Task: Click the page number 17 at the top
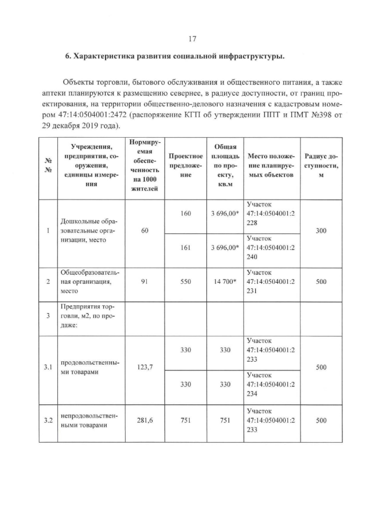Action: click(193, 38)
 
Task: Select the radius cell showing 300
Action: click(321, 231)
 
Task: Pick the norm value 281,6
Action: click(145, 420)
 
